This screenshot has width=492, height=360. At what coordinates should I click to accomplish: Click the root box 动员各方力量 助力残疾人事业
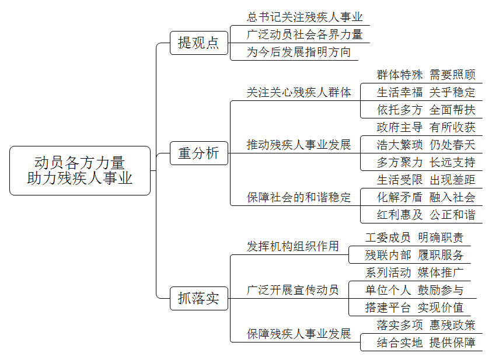point(80,170)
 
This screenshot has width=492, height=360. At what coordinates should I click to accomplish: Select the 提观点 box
point(199,43)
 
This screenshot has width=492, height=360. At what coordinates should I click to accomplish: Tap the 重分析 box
point(199,153)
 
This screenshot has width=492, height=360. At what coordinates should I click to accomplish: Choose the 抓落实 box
point(199,298)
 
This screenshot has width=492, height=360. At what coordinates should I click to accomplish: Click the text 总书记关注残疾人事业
point(305,17)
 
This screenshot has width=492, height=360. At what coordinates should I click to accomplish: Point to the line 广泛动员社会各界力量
point(305,34)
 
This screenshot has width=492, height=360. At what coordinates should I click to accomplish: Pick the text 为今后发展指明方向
point(299,52)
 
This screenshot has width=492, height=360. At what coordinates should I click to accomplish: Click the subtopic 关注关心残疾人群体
point(299,93)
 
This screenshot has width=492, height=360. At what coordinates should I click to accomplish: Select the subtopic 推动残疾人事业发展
point(299,145)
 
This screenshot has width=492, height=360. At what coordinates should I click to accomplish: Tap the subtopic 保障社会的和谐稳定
point(299,197)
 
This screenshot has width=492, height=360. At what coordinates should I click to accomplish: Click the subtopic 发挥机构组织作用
point(293,246)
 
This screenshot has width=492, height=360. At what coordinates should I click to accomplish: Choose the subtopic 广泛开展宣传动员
point(293,290)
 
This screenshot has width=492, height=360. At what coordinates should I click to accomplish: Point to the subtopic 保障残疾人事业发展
point(299,334)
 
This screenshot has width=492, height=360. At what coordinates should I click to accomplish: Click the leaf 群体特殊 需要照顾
point(426,75)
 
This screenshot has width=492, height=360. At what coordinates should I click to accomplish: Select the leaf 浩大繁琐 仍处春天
point(426,145)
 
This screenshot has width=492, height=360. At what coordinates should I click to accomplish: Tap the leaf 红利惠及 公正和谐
point(426,215)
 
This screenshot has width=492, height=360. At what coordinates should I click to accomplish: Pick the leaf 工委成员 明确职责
point(414,237)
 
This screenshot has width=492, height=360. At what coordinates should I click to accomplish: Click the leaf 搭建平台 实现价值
point(414,307)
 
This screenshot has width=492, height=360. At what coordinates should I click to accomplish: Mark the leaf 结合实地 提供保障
point(426,342)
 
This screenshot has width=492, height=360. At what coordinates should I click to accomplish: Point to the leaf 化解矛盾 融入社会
point(426,197)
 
